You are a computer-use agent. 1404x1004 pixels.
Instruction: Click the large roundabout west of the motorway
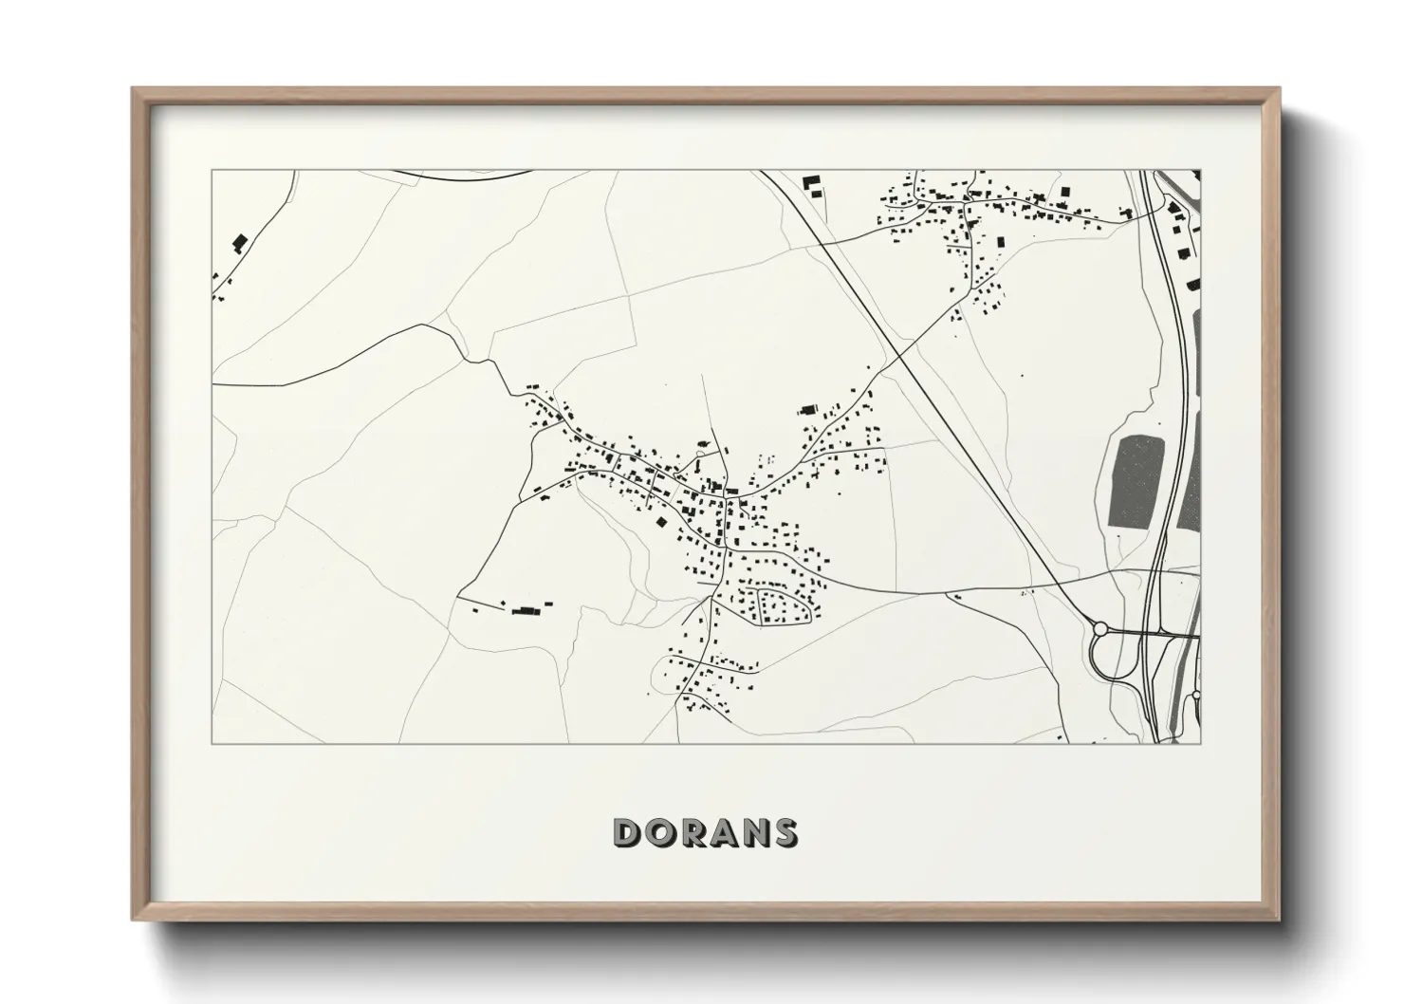pyautogui.click(x=1100, y=628)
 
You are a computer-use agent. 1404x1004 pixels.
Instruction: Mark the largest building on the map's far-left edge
pyautogui.click(x=239, y=242)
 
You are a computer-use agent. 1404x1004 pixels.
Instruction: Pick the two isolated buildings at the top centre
pyautogui.click(x=810, y=184)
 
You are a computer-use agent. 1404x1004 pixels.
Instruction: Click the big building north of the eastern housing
pyautogui.click(x=808, y=410)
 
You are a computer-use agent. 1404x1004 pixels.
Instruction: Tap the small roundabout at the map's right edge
pyautogui.click(x=1196, y=696)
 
